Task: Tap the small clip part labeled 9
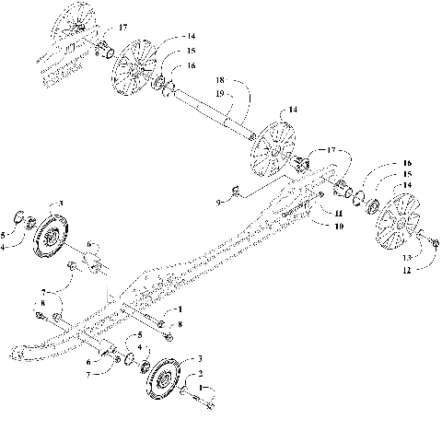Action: click(x=237, y=191)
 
